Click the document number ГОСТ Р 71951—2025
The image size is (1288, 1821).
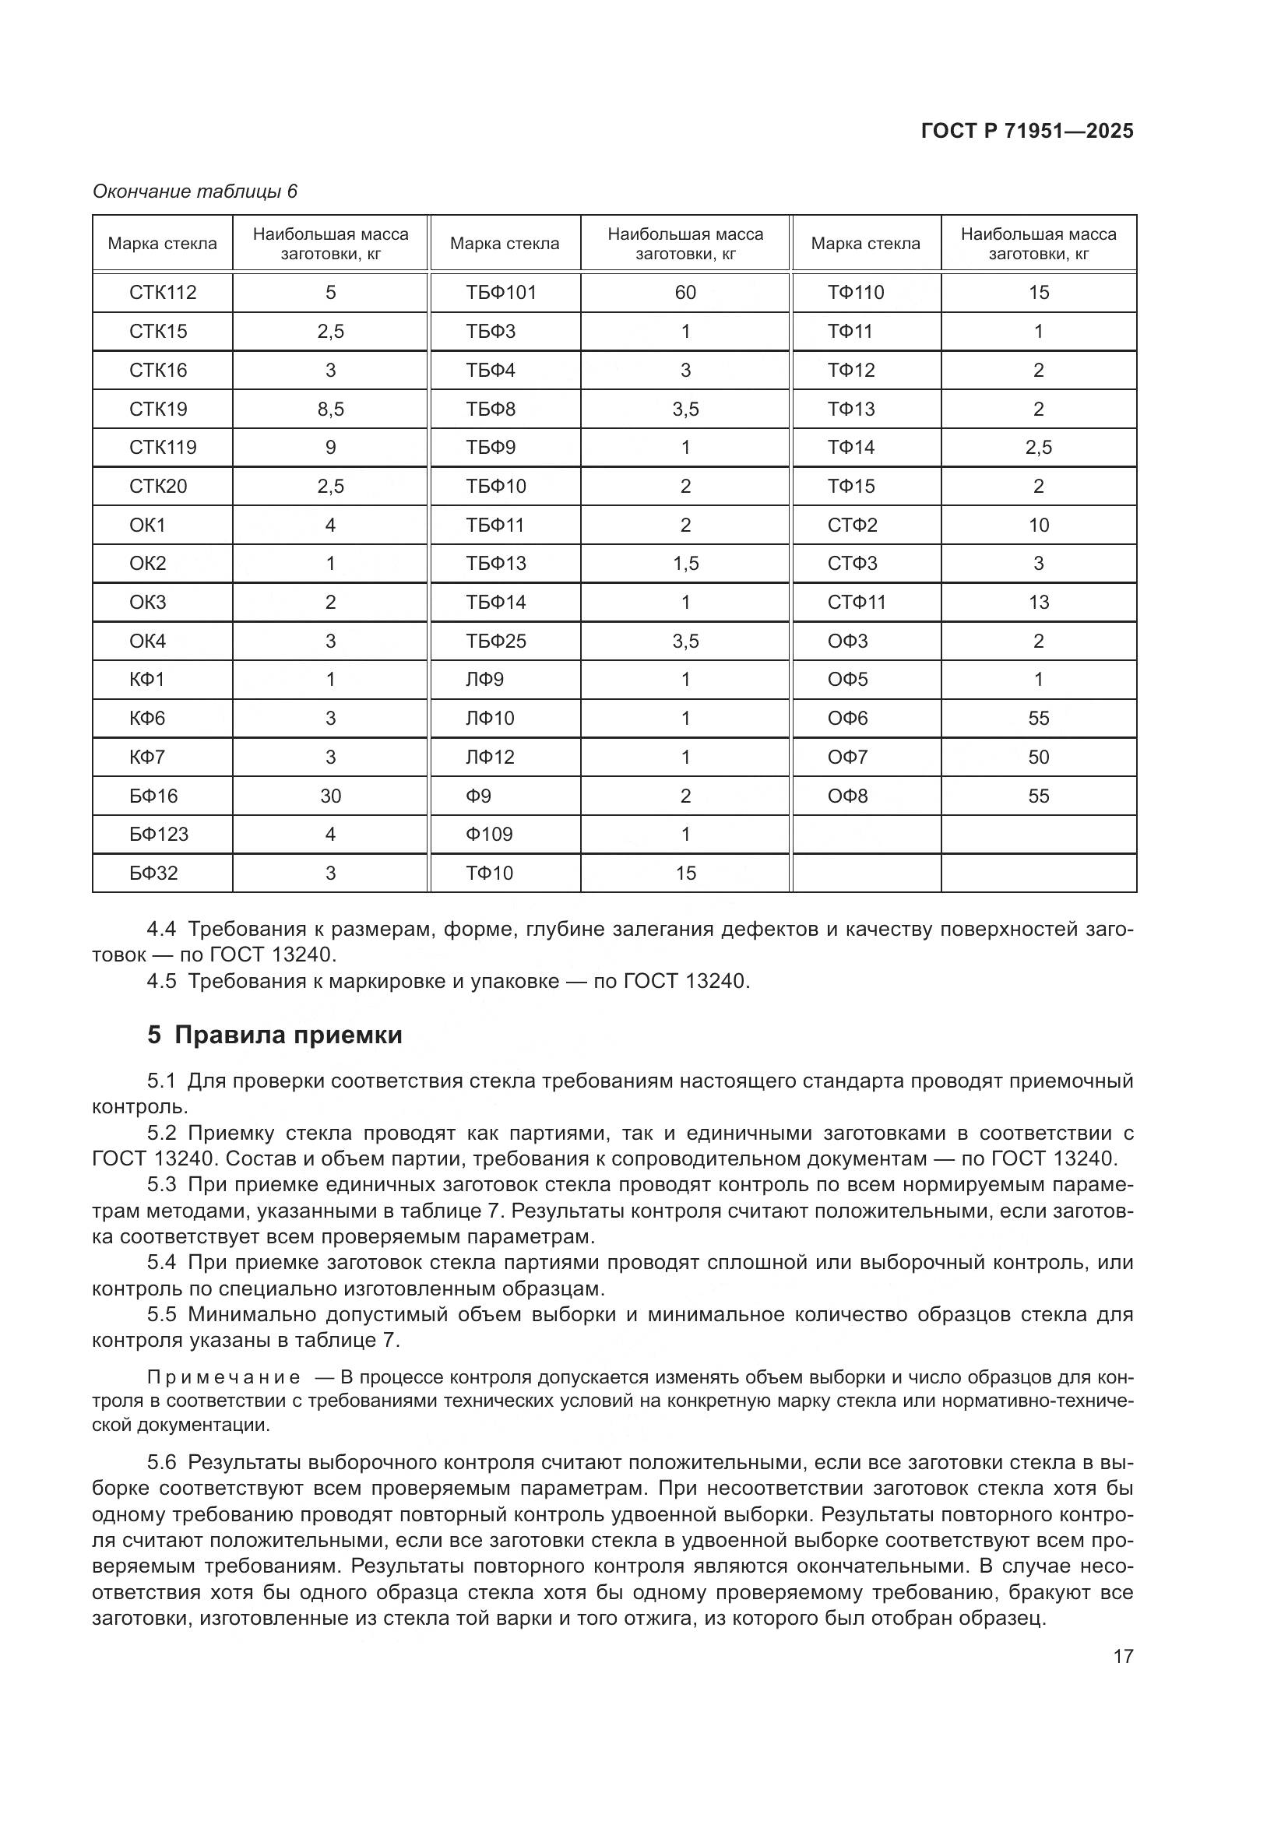click(1027, 132)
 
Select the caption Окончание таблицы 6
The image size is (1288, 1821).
click(195, 192)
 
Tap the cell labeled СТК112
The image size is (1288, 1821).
click(163, 293)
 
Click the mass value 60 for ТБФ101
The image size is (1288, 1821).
click(685, 293)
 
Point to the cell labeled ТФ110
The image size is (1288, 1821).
click(856, 293)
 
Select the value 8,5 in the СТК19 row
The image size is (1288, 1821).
click(330, 410)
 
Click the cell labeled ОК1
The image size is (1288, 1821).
click(147, 525)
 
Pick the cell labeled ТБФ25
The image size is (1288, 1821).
click(496, 641)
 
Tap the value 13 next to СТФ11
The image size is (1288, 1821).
click(1038, 602)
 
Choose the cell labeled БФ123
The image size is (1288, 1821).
click(159, 835)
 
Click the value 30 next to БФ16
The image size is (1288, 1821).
click(330, 796)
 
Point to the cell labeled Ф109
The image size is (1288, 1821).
click(489, 835)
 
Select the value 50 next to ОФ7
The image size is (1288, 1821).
click(1038, 757)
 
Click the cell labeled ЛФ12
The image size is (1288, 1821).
click(490, 757)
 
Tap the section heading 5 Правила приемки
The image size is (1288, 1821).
click(274, 1035)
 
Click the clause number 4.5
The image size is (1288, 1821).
click(162, 982)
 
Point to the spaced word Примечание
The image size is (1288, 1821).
click(223, 1378)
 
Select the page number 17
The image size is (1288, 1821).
click(1123, 1657)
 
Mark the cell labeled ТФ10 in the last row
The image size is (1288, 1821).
click(489, 874)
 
